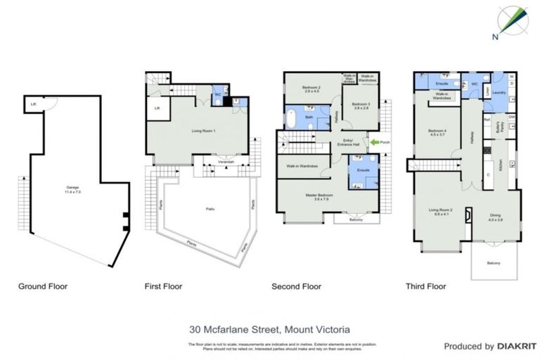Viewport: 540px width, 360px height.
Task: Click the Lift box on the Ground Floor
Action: tap(33, 105)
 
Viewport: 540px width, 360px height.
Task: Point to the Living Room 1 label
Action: tap(203, 131)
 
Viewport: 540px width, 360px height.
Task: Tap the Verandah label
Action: tap(225, 162)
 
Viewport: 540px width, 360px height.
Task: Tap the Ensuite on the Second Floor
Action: tap(363, 171)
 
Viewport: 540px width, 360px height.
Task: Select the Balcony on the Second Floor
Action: tap(359, 219)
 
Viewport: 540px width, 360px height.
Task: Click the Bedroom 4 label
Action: tap(437, 132)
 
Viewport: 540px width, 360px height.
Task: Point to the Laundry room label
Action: tap(500, 91)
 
